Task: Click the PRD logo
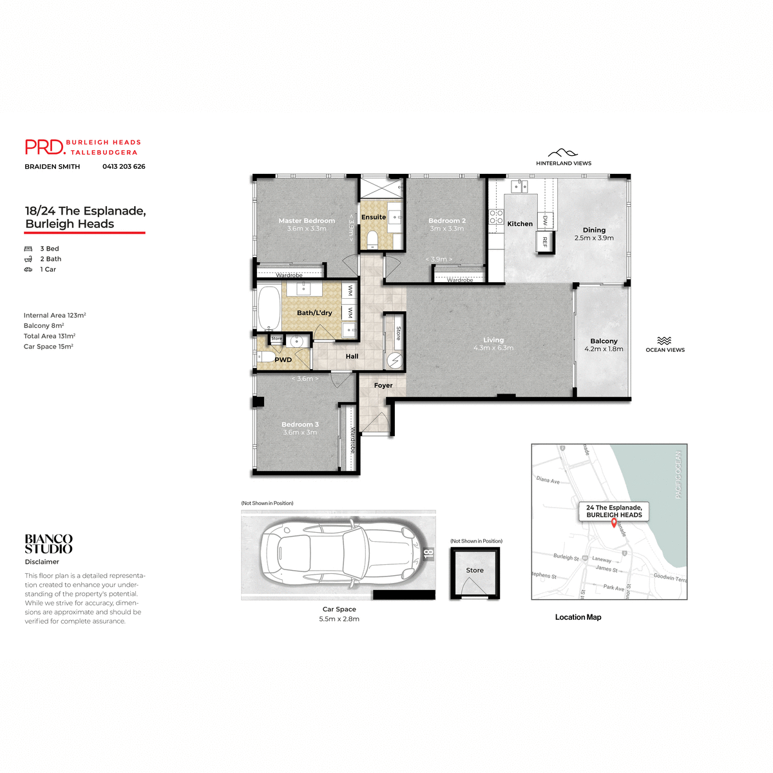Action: pyautogui.click(x=45, y=148)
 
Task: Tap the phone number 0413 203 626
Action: pyautogui.click(x=124, y=166)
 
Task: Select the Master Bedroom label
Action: pyautogui.click(x=307, y=221)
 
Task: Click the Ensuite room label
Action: pyautogui.click(x=374, y=217)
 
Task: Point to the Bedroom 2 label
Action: pyautogui.click(x=447, y=221)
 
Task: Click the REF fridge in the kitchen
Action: pyautogui.click(x=545, y=242)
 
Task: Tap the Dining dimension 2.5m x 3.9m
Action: pyautogui.click(x=594, y=238)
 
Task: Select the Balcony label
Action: pyautogui.click(x=604, y=341)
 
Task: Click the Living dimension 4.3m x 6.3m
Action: pyautogui.click(x=493, y=348)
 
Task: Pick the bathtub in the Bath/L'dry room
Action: pyautogui.click(x=269, y=307)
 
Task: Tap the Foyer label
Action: pyautogui.click(x=383, y=385)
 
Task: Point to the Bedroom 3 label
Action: pyautogui.click(x=300, y=425)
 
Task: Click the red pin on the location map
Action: pyautogui.click(x=613, y=523)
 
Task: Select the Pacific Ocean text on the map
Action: pyautogui.click(x=678, y=474)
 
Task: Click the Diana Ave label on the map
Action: pyautogui.click(x=548, y=481)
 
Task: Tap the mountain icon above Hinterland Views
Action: pyautogui.click(x=563, y=153)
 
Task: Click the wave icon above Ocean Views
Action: pyautogui.click(x=665, y=341)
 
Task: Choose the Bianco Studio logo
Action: pyautogui.click(x=49, y=544)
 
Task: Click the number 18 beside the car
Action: pyautogui.click(x=429, y=553)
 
